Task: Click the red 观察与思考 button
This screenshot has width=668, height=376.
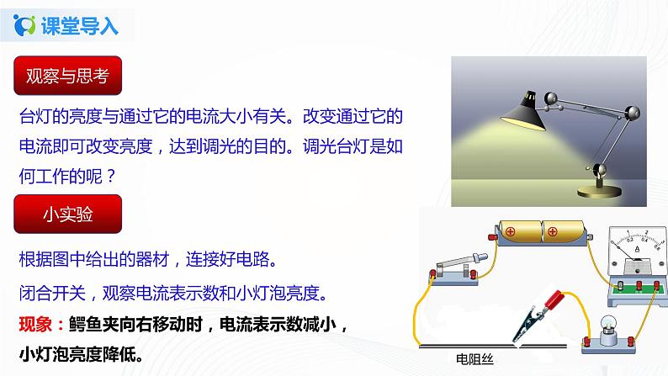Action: (67, 77)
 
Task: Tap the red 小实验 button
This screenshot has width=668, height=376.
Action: (67, 214)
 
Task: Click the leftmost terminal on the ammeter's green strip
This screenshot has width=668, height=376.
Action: (621, 286)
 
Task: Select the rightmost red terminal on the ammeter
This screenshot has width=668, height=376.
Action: (655, 286)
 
